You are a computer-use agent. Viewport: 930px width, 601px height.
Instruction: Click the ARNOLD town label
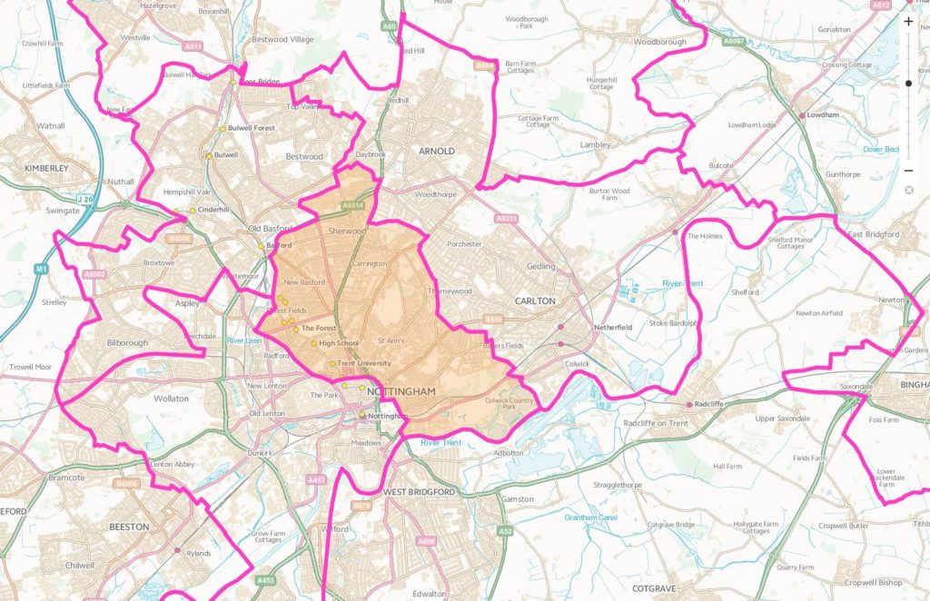(x=435, y=151)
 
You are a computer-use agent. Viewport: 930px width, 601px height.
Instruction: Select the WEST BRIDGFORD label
(x=419, y=491)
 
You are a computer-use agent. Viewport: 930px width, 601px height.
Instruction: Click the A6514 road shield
(x=352, y=206)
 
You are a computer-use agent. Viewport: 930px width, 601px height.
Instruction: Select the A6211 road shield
(x=506, y=219)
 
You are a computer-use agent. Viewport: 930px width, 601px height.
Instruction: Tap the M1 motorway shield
(x=42, y=269)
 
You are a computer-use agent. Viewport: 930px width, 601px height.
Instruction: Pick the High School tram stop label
(x=338, y=343)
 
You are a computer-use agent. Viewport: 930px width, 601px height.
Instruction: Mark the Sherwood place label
(x=347, y=232)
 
